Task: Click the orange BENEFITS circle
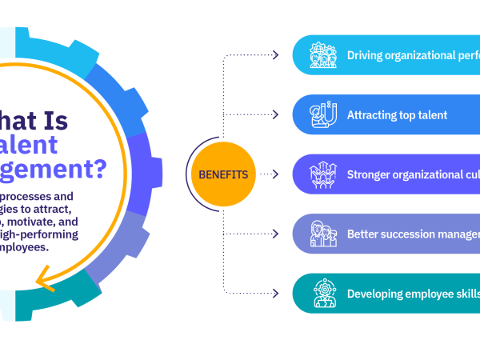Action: click(x=218, y=174)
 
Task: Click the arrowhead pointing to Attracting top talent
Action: click(x=275, y=114)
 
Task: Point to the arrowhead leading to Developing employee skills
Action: click(x=275, y=293)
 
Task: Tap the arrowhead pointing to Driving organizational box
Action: click(x=275, y=55)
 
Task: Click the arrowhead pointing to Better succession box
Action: click(x=275, y=234)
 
